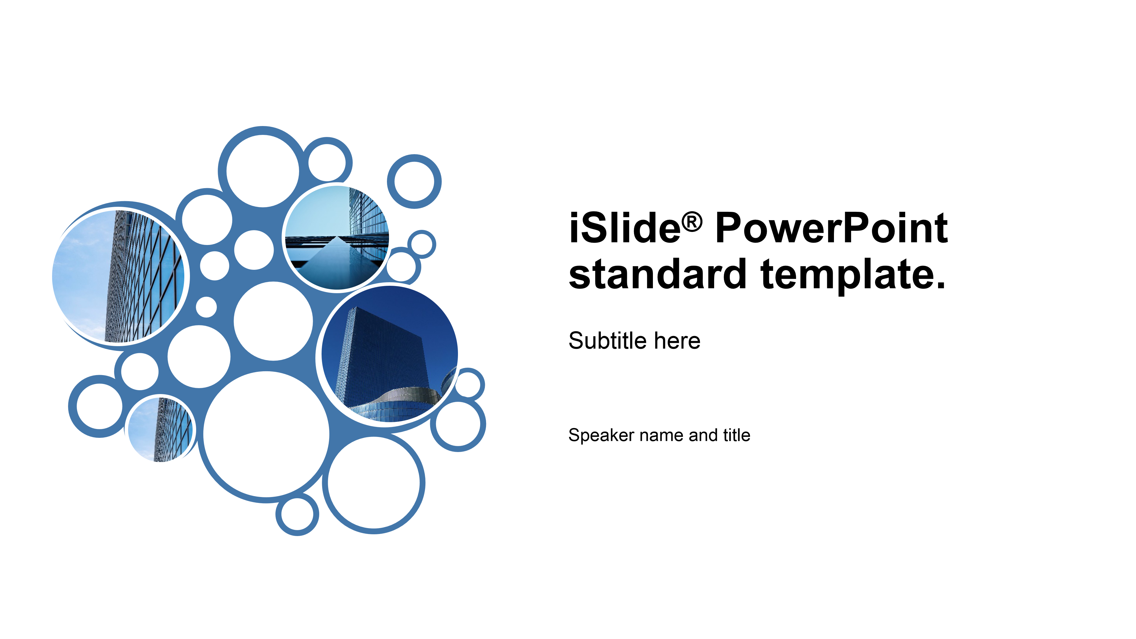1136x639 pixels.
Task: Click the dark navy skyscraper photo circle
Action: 389,354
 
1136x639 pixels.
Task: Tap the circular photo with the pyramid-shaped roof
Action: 337,238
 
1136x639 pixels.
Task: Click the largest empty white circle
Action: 266,434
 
